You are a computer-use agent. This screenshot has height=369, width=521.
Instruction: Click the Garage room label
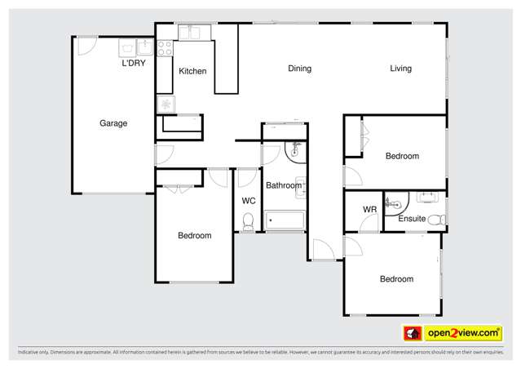pyautogui.click(x=113, y=123)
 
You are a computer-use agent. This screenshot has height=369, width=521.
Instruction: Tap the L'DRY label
pyautogui.click(x=134, y=63)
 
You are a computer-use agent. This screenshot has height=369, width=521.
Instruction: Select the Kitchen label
pyautogui.click(x=192, y=71)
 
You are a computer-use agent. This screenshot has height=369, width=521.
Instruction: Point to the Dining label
pyautogui.click(x=299, y=69)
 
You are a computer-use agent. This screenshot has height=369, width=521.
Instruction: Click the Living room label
pyautogui.click(x=400, y=69)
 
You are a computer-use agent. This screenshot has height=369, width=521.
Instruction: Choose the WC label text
pyautogui.click(x=249, y=200)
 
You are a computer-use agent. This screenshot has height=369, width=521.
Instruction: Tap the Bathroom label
pyautogui.click(x=283, y=185)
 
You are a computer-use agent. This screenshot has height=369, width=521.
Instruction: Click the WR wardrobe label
pyautogui.click(x=369, y=210)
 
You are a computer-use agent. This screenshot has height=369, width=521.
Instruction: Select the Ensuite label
pyautogui.click(x=411, y=218)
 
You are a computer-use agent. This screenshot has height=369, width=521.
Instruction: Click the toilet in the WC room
pyautogui.click(x=249, y=220)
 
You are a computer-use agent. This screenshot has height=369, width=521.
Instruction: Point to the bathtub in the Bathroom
pyautogui.click(x=285, y=220)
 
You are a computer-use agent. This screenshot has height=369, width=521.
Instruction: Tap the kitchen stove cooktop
pyautogui.click(x=165, y=47)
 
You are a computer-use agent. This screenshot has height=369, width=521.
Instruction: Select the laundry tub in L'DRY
pyautogui.click(x=135, y=47)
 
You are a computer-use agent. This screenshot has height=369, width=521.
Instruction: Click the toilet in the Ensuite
pyautogui.click(x=436, y=219)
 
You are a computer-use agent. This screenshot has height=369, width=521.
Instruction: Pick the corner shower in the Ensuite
pyautogui.click(x=395, y=200)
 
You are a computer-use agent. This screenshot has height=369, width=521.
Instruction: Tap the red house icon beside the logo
pyautogui.click(x=412, y=333)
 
